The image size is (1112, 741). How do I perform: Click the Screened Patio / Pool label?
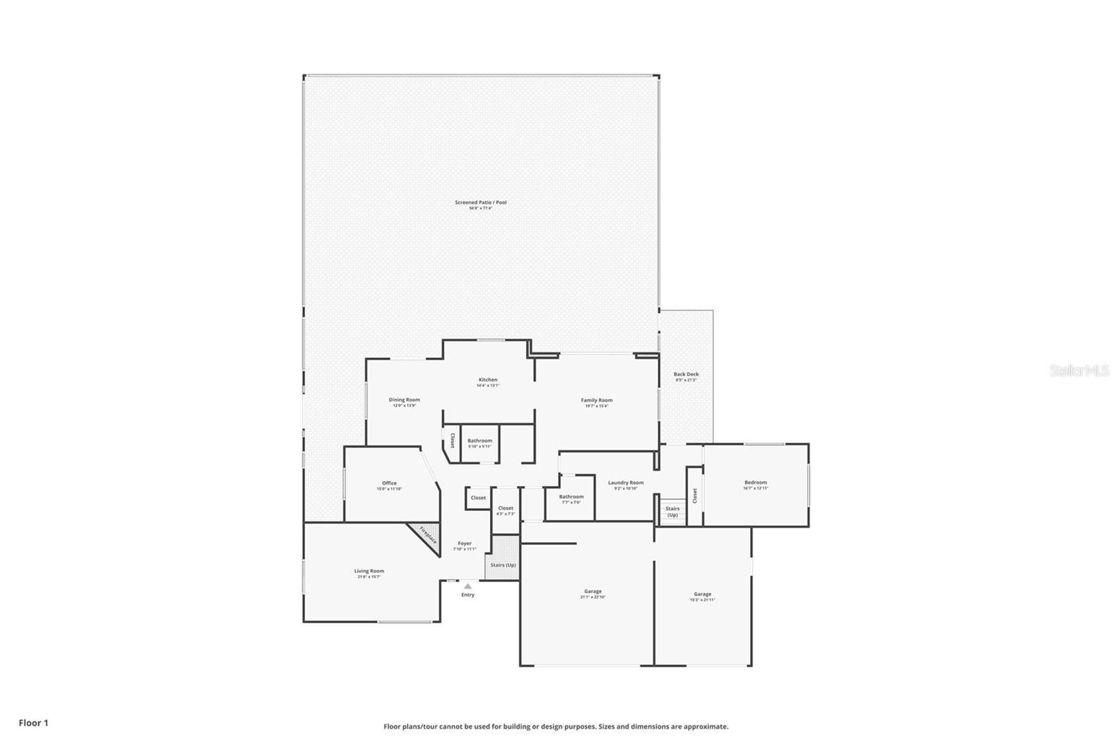(x=481, y=202)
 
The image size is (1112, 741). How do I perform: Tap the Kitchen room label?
(x=488, y=380)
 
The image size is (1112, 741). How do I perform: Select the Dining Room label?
(x=404, y=400)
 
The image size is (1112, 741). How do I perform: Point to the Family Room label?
(x=596, y=400)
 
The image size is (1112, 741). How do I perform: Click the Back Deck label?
(x=686, y=375)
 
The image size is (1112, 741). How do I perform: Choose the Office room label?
(x=389, y=484)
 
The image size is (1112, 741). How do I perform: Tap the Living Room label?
(x=369, y=571)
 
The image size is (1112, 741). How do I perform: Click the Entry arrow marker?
(x=468, y=587)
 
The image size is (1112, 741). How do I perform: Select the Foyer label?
(x=464, y=544)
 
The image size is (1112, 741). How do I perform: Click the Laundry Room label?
(x=625, y=483)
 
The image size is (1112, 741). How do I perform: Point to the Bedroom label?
(x=755, y=483)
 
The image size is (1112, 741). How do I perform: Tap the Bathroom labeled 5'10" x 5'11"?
(x=480, y=441)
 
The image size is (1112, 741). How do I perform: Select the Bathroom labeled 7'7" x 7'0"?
(x=571, y=498)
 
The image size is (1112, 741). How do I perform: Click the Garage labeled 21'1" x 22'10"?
(x=593, y=592)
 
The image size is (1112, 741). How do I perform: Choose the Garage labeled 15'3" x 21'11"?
(x=703, y=595)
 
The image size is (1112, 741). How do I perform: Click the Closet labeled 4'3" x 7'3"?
(x=505, y=509)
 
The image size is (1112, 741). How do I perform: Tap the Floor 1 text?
(x=33, y=723)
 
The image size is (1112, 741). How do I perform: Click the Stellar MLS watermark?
(x=1079, y=371)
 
